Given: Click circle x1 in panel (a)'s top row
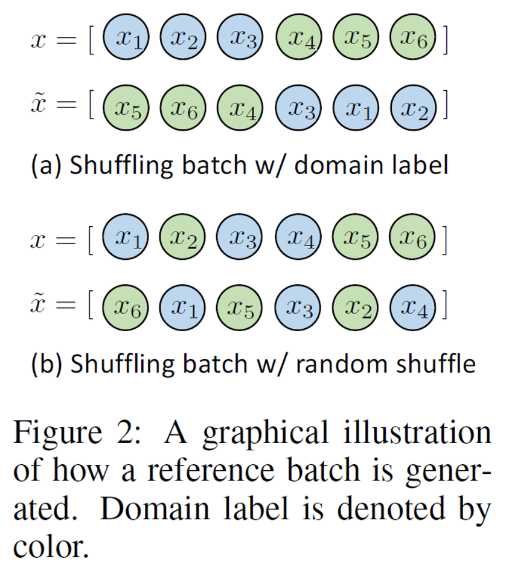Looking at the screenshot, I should (126, 39).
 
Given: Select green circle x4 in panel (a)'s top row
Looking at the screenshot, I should (299, 39).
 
